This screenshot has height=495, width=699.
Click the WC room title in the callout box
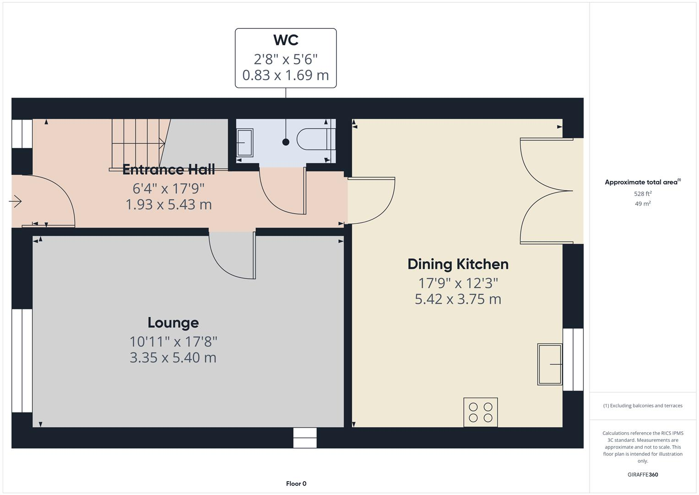[x=286, y=40]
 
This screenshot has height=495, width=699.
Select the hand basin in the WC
[x=244, y=143]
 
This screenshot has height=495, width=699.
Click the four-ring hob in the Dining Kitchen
[x=480, y=412]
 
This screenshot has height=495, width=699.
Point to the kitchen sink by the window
[x=550, y=364]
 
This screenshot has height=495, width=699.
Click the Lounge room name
[x=173, y=323]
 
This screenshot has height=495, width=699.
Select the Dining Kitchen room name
[x=458, y=264]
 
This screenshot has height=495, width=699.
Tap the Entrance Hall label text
[x=168, y=170]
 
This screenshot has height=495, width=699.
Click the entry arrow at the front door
[x=16, y=201]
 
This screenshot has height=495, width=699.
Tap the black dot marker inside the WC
[x=286, y=142]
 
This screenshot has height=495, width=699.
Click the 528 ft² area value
[x=642, y=194]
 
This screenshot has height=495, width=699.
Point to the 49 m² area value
[x=642, y=204]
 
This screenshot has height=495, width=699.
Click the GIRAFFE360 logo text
[x=642, y=474]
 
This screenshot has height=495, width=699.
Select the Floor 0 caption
[x=296, y=484]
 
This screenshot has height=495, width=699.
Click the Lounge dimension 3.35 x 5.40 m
[x=173, y=357]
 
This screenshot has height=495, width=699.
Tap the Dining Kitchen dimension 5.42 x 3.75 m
[x=458, y=299]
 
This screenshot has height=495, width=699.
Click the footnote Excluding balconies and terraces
[x=642, y=406]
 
